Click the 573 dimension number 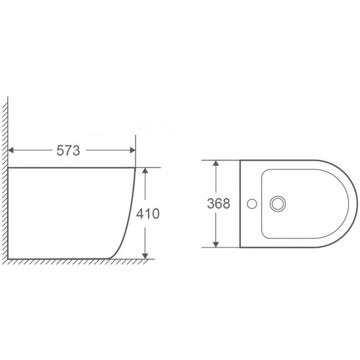pyautogui.click(x=68, y=151)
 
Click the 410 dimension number pyautogui.click(x=148, y=213)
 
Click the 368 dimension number pyautogui.click(x=219, y=204)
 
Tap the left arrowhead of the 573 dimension pyautogui.click(x=10, y=151)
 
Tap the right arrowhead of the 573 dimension pyautogui.click(x=133, y=151)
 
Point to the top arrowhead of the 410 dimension pyautogui.click(x=145, y=170)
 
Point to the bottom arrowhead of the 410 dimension pyautogui.click(x=145, y=256)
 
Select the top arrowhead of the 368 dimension pyautogui.click(x=215, y=163)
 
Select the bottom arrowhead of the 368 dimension pyautogui.click(x=215, y=245)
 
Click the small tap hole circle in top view pyautogui.click(x=252, y=204)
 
